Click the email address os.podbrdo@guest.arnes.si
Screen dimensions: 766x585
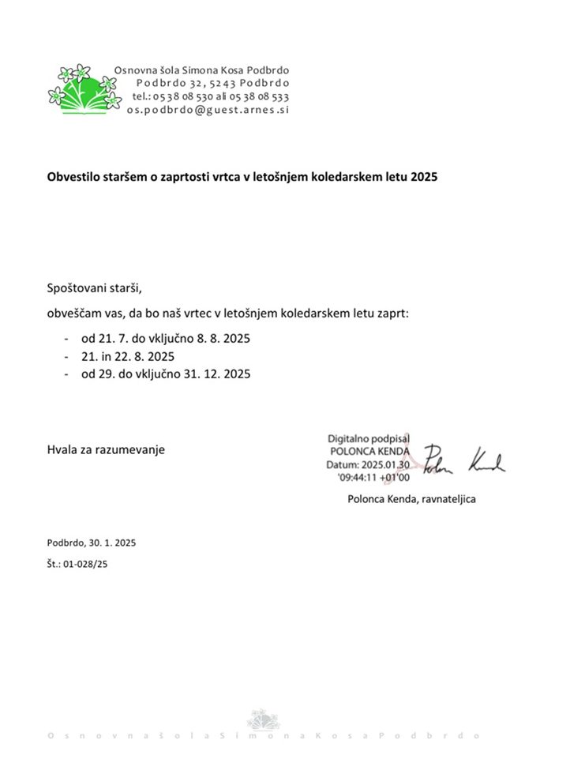[208, 110]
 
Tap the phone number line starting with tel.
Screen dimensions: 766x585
[210, 96]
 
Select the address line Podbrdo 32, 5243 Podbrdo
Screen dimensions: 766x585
[212, 83]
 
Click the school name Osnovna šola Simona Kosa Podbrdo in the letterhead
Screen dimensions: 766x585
[201, 69]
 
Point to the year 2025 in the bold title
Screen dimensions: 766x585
[424, 177]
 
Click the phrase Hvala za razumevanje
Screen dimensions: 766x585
[107, 449]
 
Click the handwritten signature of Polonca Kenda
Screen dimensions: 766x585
[464, 460]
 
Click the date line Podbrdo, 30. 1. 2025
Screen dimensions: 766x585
[92, 543]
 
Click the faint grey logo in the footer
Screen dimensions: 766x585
[263, 719]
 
